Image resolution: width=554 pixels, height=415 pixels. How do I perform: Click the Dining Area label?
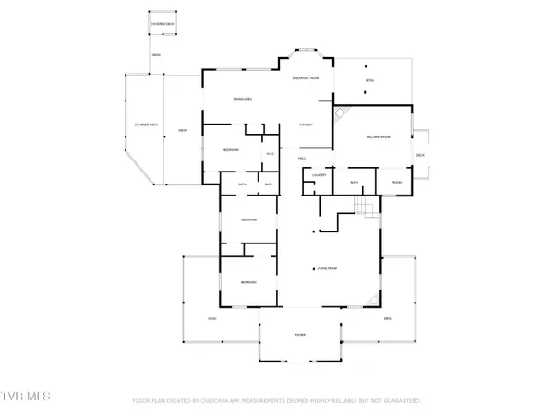coord(243,98)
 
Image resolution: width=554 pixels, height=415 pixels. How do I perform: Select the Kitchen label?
coord(306,125)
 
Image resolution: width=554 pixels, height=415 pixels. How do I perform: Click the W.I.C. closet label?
coord(270,153)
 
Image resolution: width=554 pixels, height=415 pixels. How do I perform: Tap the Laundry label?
coord(320,174)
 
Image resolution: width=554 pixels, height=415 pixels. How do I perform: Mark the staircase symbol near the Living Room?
coord(368,207)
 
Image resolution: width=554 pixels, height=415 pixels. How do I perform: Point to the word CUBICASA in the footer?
coord(222,401)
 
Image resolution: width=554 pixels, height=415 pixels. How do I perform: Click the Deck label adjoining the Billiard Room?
coord(420,155)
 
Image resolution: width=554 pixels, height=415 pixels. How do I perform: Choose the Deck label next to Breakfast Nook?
coord(368,81)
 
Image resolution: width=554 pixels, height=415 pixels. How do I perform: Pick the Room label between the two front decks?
coord(300,334)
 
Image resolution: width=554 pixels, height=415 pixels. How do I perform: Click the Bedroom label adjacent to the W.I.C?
coord(231,150)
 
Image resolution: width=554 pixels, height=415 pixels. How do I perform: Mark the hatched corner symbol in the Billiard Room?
coord(341,115)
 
